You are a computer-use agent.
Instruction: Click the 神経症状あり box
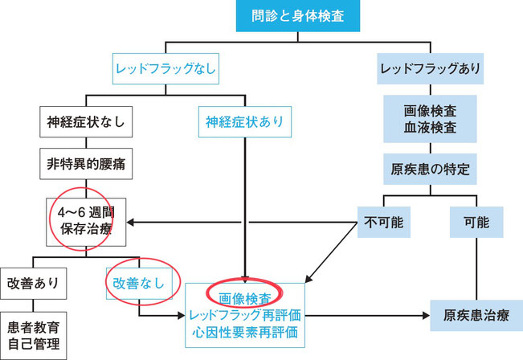point(243,123)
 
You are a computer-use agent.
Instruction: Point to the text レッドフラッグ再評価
point(245,313)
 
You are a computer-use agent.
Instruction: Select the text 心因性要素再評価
point(245,331)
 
